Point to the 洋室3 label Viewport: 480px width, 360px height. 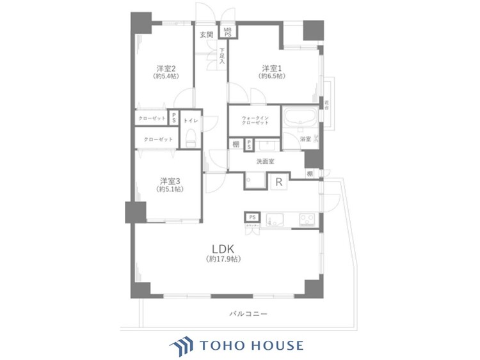point(169,180)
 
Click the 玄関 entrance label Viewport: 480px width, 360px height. point(206,35)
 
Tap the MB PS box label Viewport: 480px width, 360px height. point(227,31)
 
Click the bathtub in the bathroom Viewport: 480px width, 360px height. point(299,119)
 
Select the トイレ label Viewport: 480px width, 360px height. point(190,120)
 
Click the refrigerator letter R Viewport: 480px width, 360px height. point(278,182)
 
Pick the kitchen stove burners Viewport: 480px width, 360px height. point(306,221)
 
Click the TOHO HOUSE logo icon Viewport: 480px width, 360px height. point(181,345)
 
